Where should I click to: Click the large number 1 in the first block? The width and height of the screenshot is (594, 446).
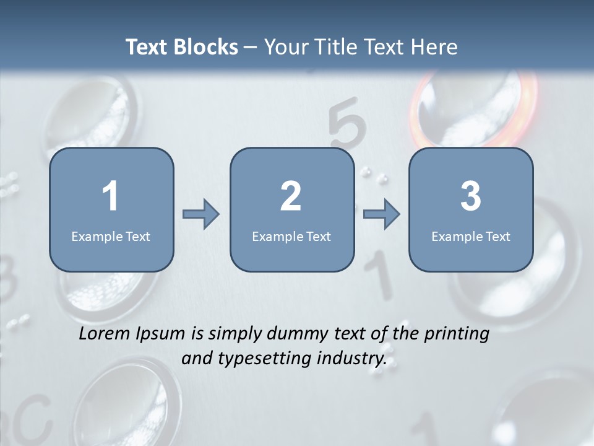coord(111,196)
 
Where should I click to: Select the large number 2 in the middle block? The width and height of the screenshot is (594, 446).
coord(291,196)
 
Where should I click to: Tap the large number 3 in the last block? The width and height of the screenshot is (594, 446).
coord(471,196)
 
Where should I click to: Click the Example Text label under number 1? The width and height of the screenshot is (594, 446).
coord(111,236)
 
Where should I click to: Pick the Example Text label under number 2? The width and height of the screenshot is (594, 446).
coord(291,236)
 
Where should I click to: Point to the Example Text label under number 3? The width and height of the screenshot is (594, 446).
coord(471,236)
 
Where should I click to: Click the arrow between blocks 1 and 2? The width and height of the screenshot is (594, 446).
coord(201,214)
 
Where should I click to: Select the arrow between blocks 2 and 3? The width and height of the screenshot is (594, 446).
coord(382,214)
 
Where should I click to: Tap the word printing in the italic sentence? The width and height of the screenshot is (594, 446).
coord(457,334)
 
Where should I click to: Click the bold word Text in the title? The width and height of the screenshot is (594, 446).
coord(147,47)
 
